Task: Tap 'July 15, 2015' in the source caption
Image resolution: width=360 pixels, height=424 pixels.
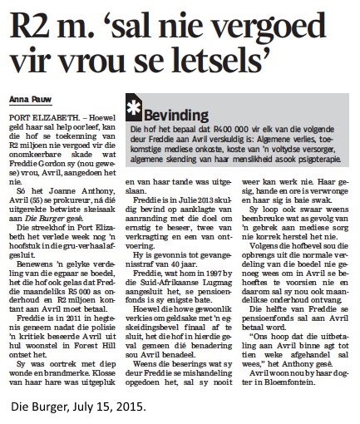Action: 101,408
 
